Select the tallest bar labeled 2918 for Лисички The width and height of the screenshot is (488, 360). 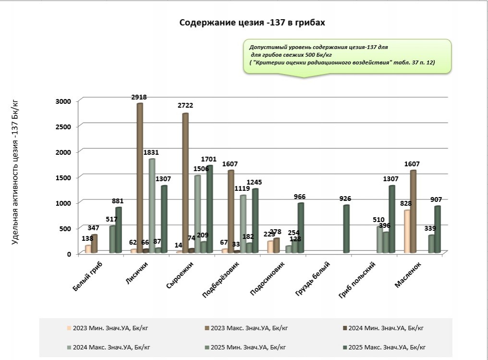[x=140, y=178]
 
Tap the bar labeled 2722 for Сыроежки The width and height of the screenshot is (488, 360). [x=185, y=183]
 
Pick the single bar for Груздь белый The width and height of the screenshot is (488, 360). [x=346, y=229]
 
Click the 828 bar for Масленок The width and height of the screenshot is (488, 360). [x=406, y=231]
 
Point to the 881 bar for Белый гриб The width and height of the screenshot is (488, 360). [x=118, y=230]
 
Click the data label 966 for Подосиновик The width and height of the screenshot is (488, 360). [x=299, y=197]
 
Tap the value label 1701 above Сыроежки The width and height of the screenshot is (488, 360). [x=209, y=159]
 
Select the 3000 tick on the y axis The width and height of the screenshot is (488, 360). [x=63, y=101]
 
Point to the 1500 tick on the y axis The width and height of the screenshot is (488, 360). [x=63, y=177]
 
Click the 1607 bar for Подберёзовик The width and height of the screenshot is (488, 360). [x=231, y=211]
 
